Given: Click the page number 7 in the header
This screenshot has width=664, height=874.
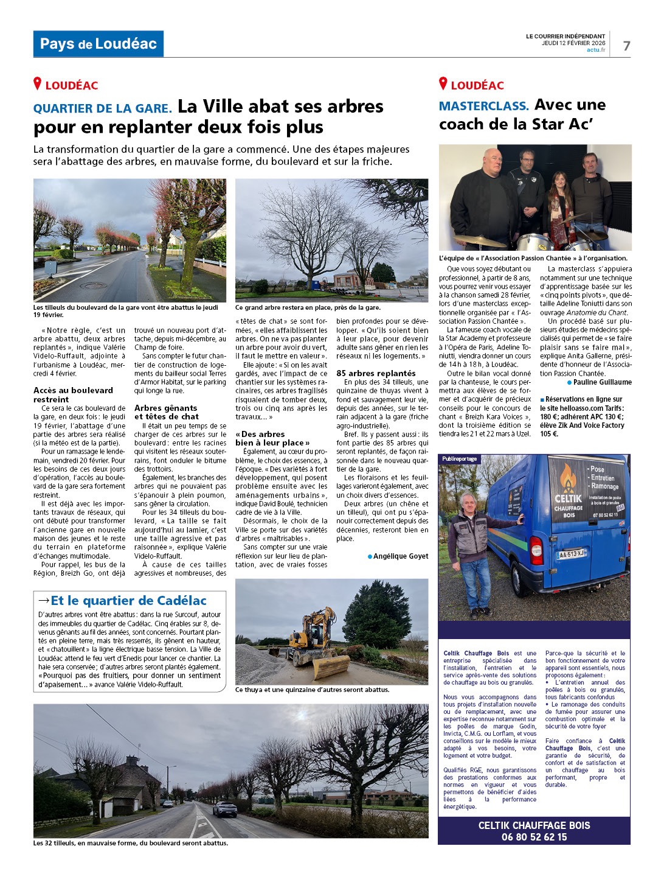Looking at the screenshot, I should (x=626, y=46).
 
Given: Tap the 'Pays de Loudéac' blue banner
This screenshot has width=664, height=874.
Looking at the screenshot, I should (x=99, y=44).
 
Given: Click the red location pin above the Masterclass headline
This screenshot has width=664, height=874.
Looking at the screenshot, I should (x=443, y=84).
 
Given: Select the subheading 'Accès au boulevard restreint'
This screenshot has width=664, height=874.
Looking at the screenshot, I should (x=73, y=394).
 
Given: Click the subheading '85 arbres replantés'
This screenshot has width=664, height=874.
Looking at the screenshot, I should (x=376, y=373).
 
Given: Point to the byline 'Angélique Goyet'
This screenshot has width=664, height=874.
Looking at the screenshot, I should (x=400, y=556).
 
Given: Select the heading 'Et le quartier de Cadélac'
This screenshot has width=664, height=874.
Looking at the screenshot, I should (x=128, y=601).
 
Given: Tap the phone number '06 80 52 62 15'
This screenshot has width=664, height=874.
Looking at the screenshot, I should (x=534, y=837).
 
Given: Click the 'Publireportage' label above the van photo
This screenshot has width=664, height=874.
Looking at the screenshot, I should (x=459, y=459).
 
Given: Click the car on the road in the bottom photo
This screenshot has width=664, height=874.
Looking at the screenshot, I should (x=224, y=809).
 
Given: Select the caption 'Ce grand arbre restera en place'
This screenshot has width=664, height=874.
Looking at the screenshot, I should (x=308, y=307).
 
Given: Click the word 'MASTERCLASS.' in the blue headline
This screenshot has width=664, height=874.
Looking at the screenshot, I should (x=483, y=106).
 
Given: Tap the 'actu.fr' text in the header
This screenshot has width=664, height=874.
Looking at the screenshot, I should (x=596, y=50).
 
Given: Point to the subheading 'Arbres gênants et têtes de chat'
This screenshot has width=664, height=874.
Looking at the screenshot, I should (x=166, y=412).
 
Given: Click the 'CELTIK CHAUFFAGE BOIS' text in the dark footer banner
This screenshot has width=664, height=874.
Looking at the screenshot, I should (x=534, y=825).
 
